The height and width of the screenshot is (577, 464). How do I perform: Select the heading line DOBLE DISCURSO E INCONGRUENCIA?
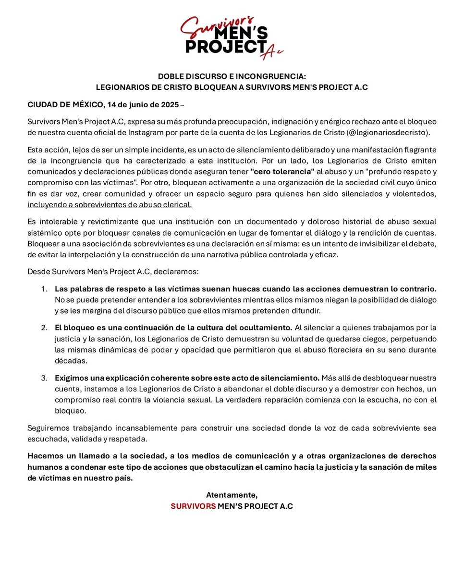pos(232,76)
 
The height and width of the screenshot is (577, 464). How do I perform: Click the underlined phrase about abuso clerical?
pos(110,205)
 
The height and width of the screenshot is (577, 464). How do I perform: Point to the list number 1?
pos(44,289)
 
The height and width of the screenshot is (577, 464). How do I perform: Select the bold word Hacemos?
pos(44,455)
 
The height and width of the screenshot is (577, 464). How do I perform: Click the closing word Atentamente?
pos(232,495)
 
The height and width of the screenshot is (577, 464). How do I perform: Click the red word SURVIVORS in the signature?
pos(193,506)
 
